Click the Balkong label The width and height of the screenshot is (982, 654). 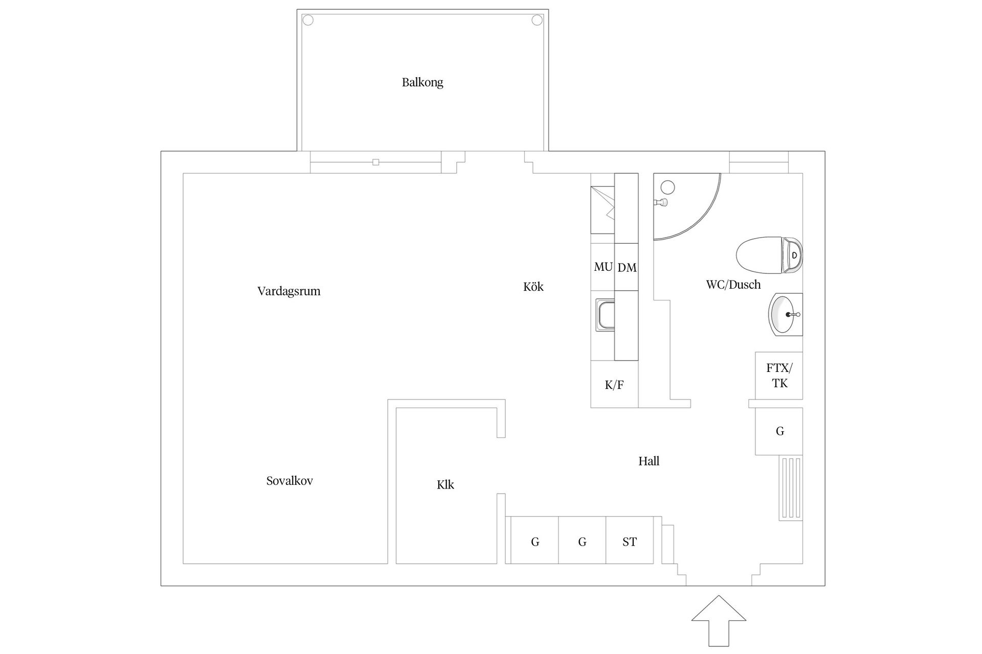(422, 82)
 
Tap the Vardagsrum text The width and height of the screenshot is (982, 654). (289, 291)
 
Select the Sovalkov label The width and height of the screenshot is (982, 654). (289, 481)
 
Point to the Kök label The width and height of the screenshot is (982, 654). (533, 287)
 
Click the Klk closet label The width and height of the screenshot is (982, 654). (445, 485)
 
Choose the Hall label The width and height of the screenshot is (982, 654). (649, 461)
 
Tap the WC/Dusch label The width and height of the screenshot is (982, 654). (733, 285)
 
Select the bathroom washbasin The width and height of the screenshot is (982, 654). (786, 315)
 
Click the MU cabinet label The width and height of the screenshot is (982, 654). (603, 267)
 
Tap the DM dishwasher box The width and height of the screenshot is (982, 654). (627, 267)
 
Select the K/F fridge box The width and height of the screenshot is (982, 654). (614, 384)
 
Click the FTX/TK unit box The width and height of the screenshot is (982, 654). (779, 376)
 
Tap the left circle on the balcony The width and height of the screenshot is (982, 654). (308, 20)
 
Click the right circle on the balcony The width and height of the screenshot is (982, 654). (537, 20)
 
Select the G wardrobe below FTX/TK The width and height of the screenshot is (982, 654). (779, 431)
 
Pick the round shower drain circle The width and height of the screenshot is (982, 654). (667, 188)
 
